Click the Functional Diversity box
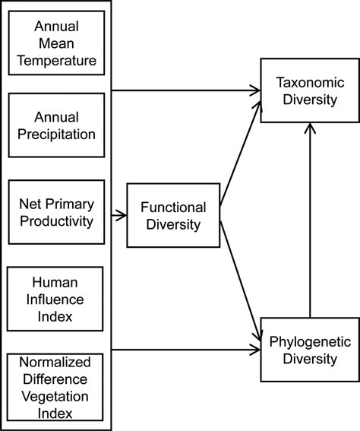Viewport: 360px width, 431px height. pos(173,216)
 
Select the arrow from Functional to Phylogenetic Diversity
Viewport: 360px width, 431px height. pos(240,277)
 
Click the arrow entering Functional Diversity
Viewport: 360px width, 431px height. pos(119,216)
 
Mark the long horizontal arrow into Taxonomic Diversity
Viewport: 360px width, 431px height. pos(186,90)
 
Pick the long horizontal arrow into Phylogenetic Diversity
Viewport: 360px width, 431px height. pos(186,350)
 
